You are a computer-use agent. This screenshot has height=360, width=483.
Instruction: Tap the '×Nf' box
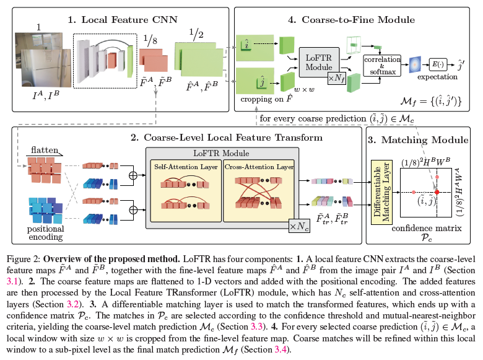(337, 78)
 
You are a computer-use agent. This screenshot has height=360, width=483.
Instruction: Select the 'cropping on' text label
(256, 98)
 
